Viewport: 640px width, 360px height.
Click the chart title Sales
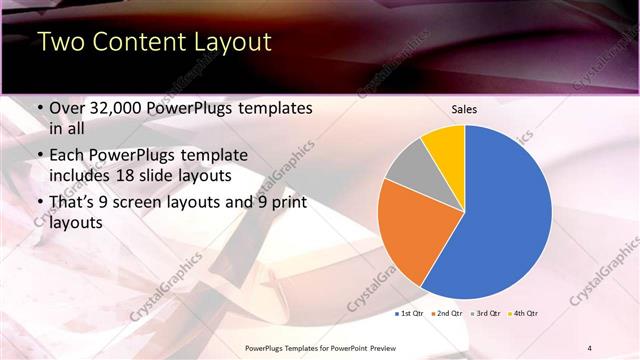click(464, 109)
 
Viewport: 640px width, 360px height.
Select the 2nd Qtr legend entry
click(446, 314)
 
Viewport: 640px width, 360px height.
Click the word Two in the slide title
click(61, 43)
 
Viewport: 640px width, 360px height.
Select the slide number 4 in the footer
click(589, 347)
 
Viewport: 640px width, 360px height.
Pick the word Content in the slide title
click(137, 43)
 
